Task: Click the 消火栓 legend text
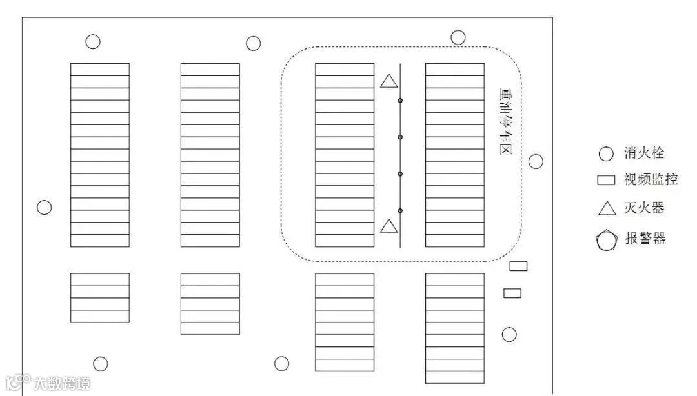coord(643,153)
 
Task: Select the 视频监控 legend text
coord(651,180)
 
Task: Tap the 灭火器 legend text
coord(644,208)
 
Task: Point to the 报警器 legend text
coord(645,239)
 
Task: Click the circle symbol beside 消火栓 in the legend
coord(606,154)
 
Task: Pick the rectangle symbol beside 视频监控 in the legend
coord(606,181)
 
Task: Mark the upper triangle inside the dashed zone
coord(389,81)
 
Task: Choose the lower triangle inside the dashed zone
coord(389,226)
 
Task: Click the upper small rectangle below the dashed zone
coord(518,266)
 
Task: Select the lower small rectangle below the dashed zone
coord(512,293)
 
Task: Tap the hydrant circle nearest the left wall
coord(44,208)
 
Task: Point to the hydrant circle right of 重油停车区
coord(536,161)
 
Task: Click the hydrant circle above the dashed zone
coord(458,37)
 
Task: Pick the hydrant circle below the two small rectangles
coord(509,334)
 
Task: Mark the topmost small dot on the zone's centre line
coord(400,101)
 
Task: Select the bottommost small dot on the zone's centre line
coord(400,211)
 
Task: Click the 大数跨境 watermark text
coord(62,383)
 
